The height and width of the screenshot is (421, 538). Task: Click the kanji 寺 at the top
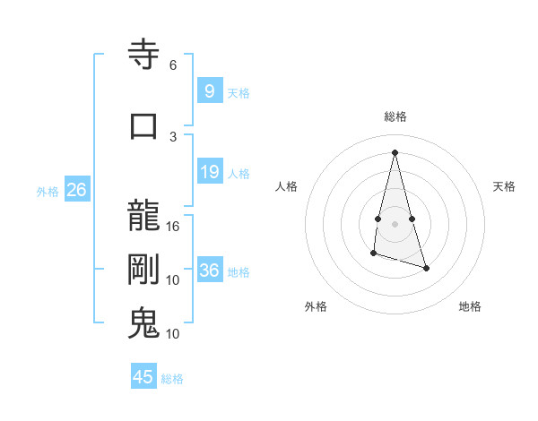click(144, 56)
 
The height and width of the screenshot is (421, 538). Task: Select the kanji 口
click(144, 125)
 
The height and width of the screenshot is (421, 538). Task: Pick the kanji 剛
click(144, 270)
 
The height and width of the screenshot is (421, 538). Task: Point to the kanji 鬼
click(144, 323)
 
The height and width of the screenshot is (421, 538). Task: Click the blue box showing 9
click(209, 90)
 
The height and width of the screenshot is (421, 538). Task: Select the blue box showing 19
click(209, 172)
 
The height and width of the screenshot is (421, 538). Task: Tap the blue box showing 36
click(209, 271)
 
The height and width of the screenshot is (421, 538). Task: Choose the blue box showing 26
click(76, 190)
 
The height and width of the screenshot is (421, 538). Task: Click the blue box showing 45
click(143, 377)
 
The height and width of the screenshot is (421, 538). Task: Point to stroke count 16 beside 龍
click(173, 227)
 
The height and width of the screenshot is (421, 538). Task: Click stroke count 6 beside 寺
click(173, 65)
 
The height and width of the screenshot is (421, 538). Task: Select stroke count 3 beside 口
click(173, 135)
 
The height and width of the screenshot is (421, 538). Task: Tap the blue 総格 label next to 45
click(172, 379)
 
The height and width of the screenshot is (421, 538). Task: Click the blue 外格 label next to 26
click(48, 192)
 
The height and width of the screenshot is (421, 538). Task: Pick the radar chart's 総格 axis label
click(395, 116)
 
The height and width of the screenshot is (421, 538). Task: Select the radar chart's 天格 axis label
click(504, 186)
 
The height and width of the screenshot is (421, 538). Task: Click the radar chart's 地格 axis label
click(470, 306)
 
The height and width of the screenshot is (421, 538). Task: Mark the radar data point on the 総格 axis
click(395, 151)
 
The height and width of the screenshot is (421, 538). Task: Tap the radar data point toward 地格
click(426, 268)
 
